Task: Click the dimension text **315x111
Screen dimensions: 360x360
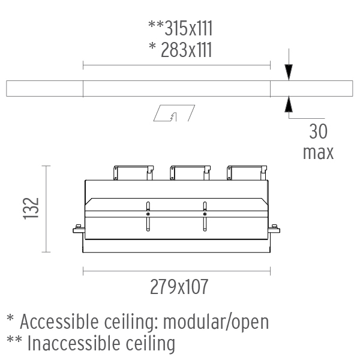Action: point(181,28)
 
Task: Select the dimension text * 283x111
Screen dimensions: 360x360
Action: point(181,50)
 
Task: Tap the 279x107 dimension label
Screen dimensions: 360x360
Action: point(179,287)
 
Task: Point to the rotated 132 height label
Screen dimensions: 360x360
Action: point(31,208)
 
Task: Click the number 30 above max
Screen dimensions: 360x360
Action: point(318,131)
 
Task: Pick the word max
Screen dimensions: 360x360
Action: point(318,152)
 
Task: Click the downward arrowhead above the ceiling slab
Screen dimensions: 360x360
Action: point(289,73)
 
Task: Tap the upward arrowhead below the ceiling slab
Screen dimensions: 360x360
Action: point(289,104)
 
